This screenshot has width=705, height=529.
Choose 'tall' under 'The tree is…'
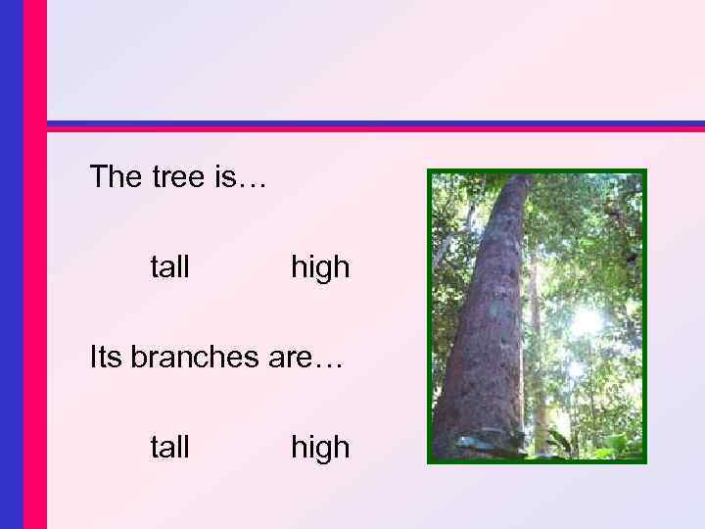point(169,266)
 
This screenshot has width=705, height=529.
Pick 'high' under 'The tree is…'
point(319,266)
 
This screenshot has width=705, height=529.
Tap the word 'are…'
point(304,358)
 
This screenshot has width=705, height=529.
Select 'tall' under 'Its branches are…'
point(169,448)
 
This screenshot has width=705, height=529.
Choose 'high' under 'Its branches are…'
point(319,448)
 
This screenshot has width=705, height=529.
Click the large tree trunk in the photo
point(485,323)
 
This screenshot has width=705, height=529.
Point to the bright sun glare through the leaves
point(586,319)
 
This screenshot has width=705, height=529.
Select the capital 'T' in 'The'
point(98,177)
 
